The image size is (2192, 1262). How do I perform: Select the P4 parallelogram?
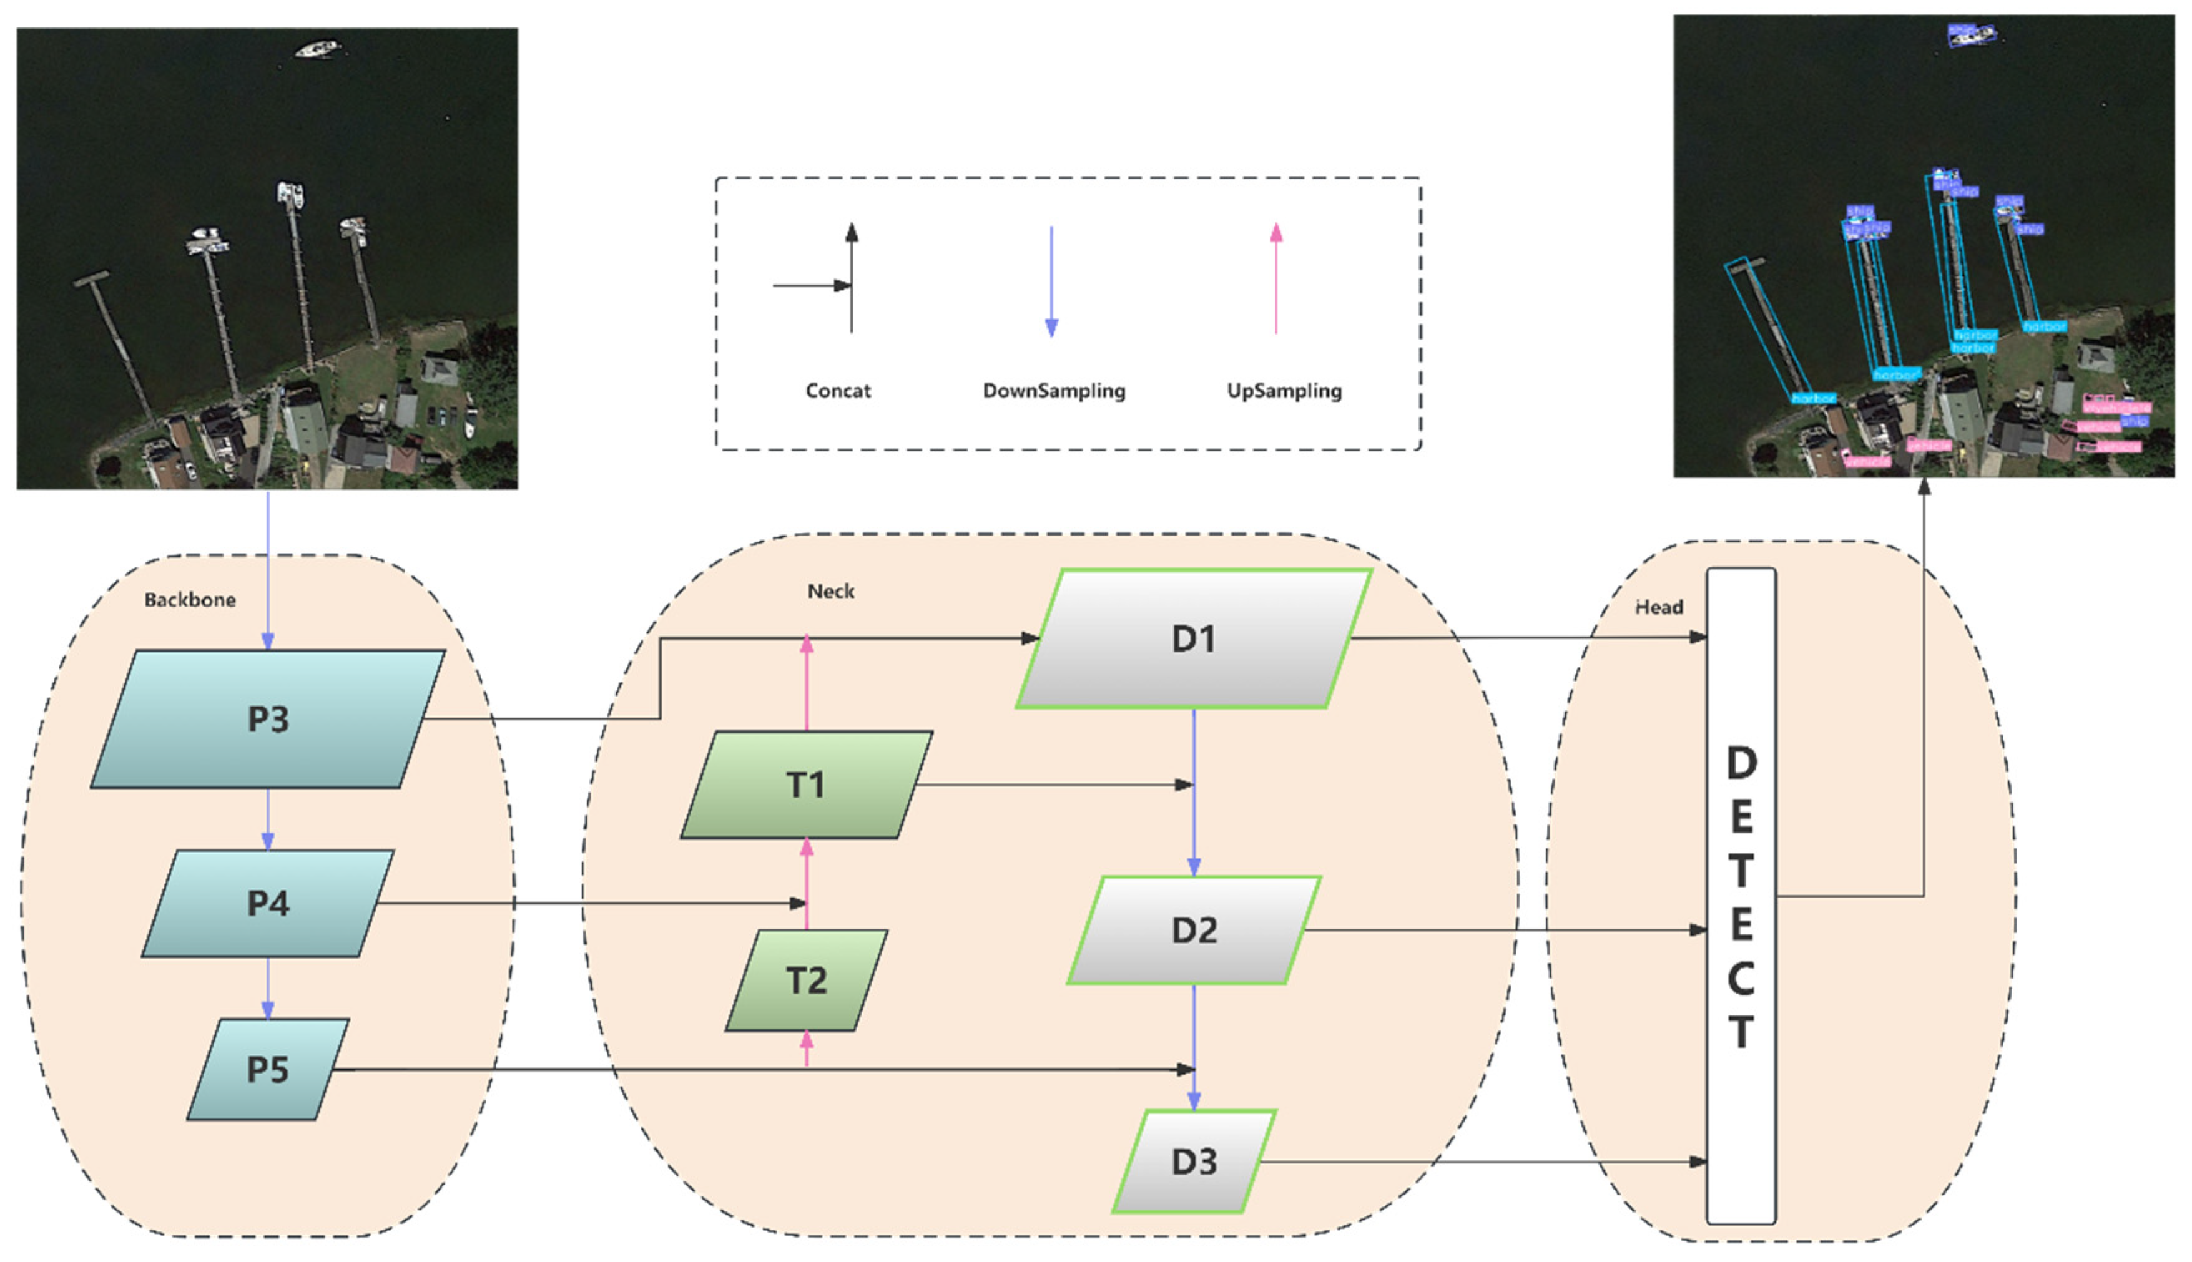pos(268,903)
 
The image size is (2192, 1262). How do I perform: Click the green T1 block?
pos(806,785)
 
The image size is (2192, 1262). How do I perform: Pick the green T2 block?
pos(806,981)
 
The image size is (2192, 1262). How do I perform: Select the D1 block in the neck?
pos(1194,638)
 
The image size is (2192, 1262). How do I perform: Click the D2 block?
pos(1194,930)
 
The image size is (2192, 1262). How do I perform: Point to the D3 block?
pos(1194,1162)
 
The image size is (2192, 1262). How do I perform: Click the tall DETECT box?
pos(1741,896)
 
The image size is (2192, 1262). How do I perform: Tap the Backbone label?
pos(190,600)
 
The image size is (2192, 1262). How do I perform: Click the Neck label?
pos(830,591)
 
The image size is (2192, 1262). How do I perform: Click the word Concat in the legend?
pos(837,391)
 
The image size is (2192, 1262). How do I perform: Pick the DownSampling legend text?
pos(1054,391)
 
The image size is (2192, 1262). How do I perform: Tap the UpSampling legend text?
pos(1284,391)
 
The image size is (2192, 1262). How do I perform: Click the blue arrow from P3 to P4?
pos(268,818)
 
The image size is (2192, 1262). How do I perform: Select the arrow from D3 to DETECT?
pos(1482,1162)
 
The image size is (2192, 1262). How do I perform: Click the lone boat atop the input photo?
pos(317,49)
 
